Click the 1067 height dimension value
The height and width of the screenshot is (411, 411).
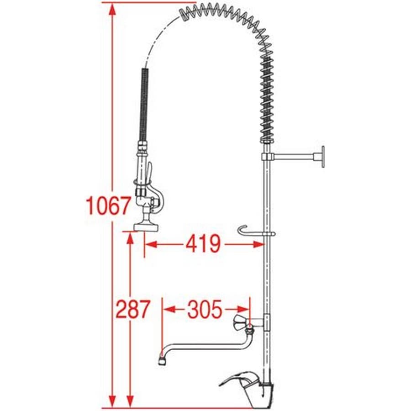coord(108,205)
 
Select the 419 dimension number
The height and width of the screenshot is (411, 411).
coord(203,244)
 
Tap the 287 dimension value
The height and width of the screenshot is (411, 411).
coord(133,309)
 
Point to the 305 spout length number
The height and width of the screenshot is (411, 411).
coord(205,309)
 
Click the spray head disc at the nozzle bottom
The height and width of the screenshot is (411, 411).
coord(146,227)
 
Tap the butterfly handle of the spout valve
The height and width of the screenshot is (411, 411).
coord(240,323)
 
